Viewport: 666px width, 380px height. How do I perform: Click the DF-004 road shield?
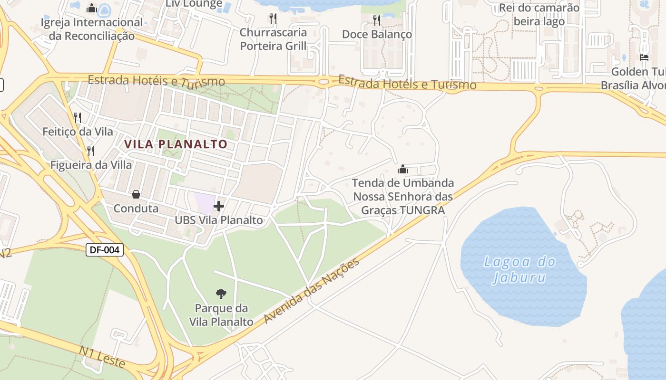click(105, 250)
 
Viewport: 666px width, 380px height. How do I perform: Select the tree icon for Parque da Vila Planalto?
click(221, 294)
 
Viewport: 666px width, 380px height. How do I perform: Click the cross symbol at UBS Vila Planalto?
click(219, 206)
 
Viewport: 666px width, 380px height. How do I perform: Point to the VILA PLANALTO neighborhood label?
click(176, 144)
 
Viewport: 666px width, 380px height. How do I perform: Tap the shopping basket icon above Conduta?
click(136, 194)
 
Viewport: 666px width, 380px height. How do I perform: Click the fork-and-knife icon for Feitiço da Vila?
click(78, 117)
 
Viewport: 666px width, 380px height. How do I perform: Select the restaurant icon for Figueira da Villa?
click(90, 151)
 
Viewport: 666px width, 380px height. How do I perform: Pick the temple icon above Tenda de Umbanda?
click(403, 169)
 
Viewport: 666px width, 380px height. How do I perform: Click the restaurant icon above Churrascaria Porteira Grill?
click(273, 19)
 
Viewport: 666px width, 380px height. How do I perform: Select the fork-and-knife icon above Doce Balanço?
click(377, 20)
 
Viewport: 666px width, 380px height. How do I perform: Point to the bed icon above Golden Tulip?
click(644, 57)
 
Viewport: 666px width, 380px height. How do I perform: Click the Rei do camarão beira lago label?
click(539, 14)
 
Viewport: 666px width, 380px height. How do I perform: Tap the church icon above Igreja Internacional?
click(92, 8)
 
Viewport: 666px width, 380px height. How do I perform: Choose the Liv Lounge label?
click(194, 4)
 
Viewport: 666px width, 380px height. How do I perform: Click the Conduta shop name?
click(136, 208)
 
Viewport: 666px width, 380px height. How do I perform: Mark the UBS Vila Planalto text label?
click(219, 220)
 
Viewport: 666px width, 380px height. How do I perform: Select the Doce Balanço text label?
click(377, 34)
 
